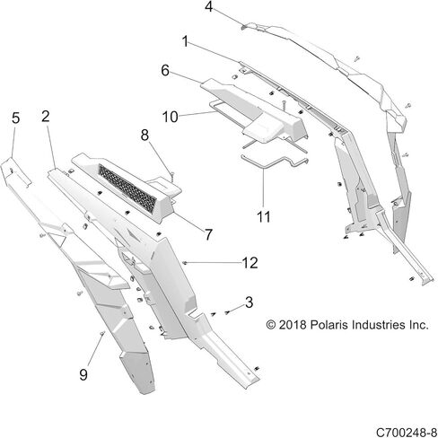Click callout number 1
[x=185, y=41]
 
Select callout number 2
[x=45, y=116]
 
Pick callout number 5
[x=15, y=118]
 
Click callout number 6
[x=165, y=69]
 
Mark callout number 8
[x=145, y=135]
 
